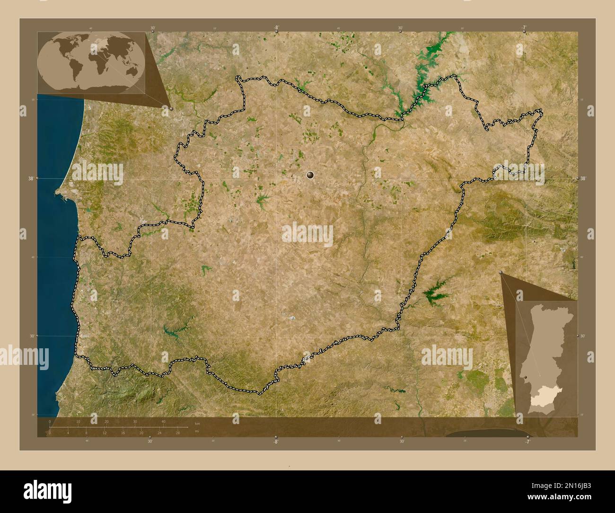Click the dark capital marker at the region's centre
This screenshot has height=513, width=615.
point(310,176)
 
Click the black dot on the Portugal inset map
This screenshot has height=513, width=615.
point(526,377)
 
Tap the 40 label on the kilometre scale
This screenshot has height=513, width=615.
point(163,422)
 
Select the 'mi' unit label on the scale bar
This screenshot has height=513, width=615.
point(196,432)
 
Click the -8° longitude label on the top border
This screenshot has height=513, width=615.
point(276,28)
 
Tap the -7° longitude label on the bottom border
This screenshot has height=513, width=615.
point(527,441)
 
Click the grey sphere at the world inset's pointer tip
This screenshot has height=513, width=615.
point(171,108)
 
